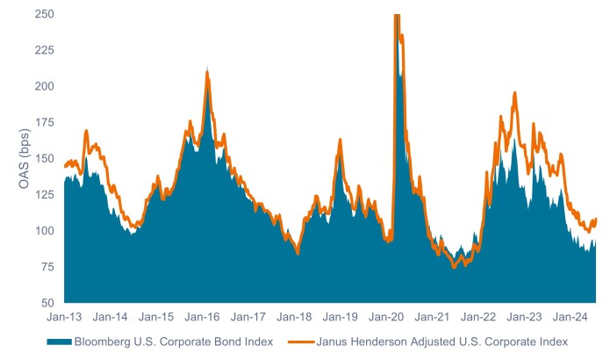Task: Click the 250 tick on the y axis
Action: tap(43, 15)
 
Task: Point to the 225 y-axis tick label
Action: tap(43, 51)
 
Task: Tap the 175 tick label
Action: tap(43, 123)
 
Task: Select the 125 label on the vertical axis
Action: tap(43, 195)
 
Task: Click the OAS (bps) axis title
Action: tap(15, 159)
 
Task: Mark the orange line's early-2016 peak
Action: tap(207, 73)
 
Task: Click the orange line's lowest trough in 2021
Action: tap(453, 267)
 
